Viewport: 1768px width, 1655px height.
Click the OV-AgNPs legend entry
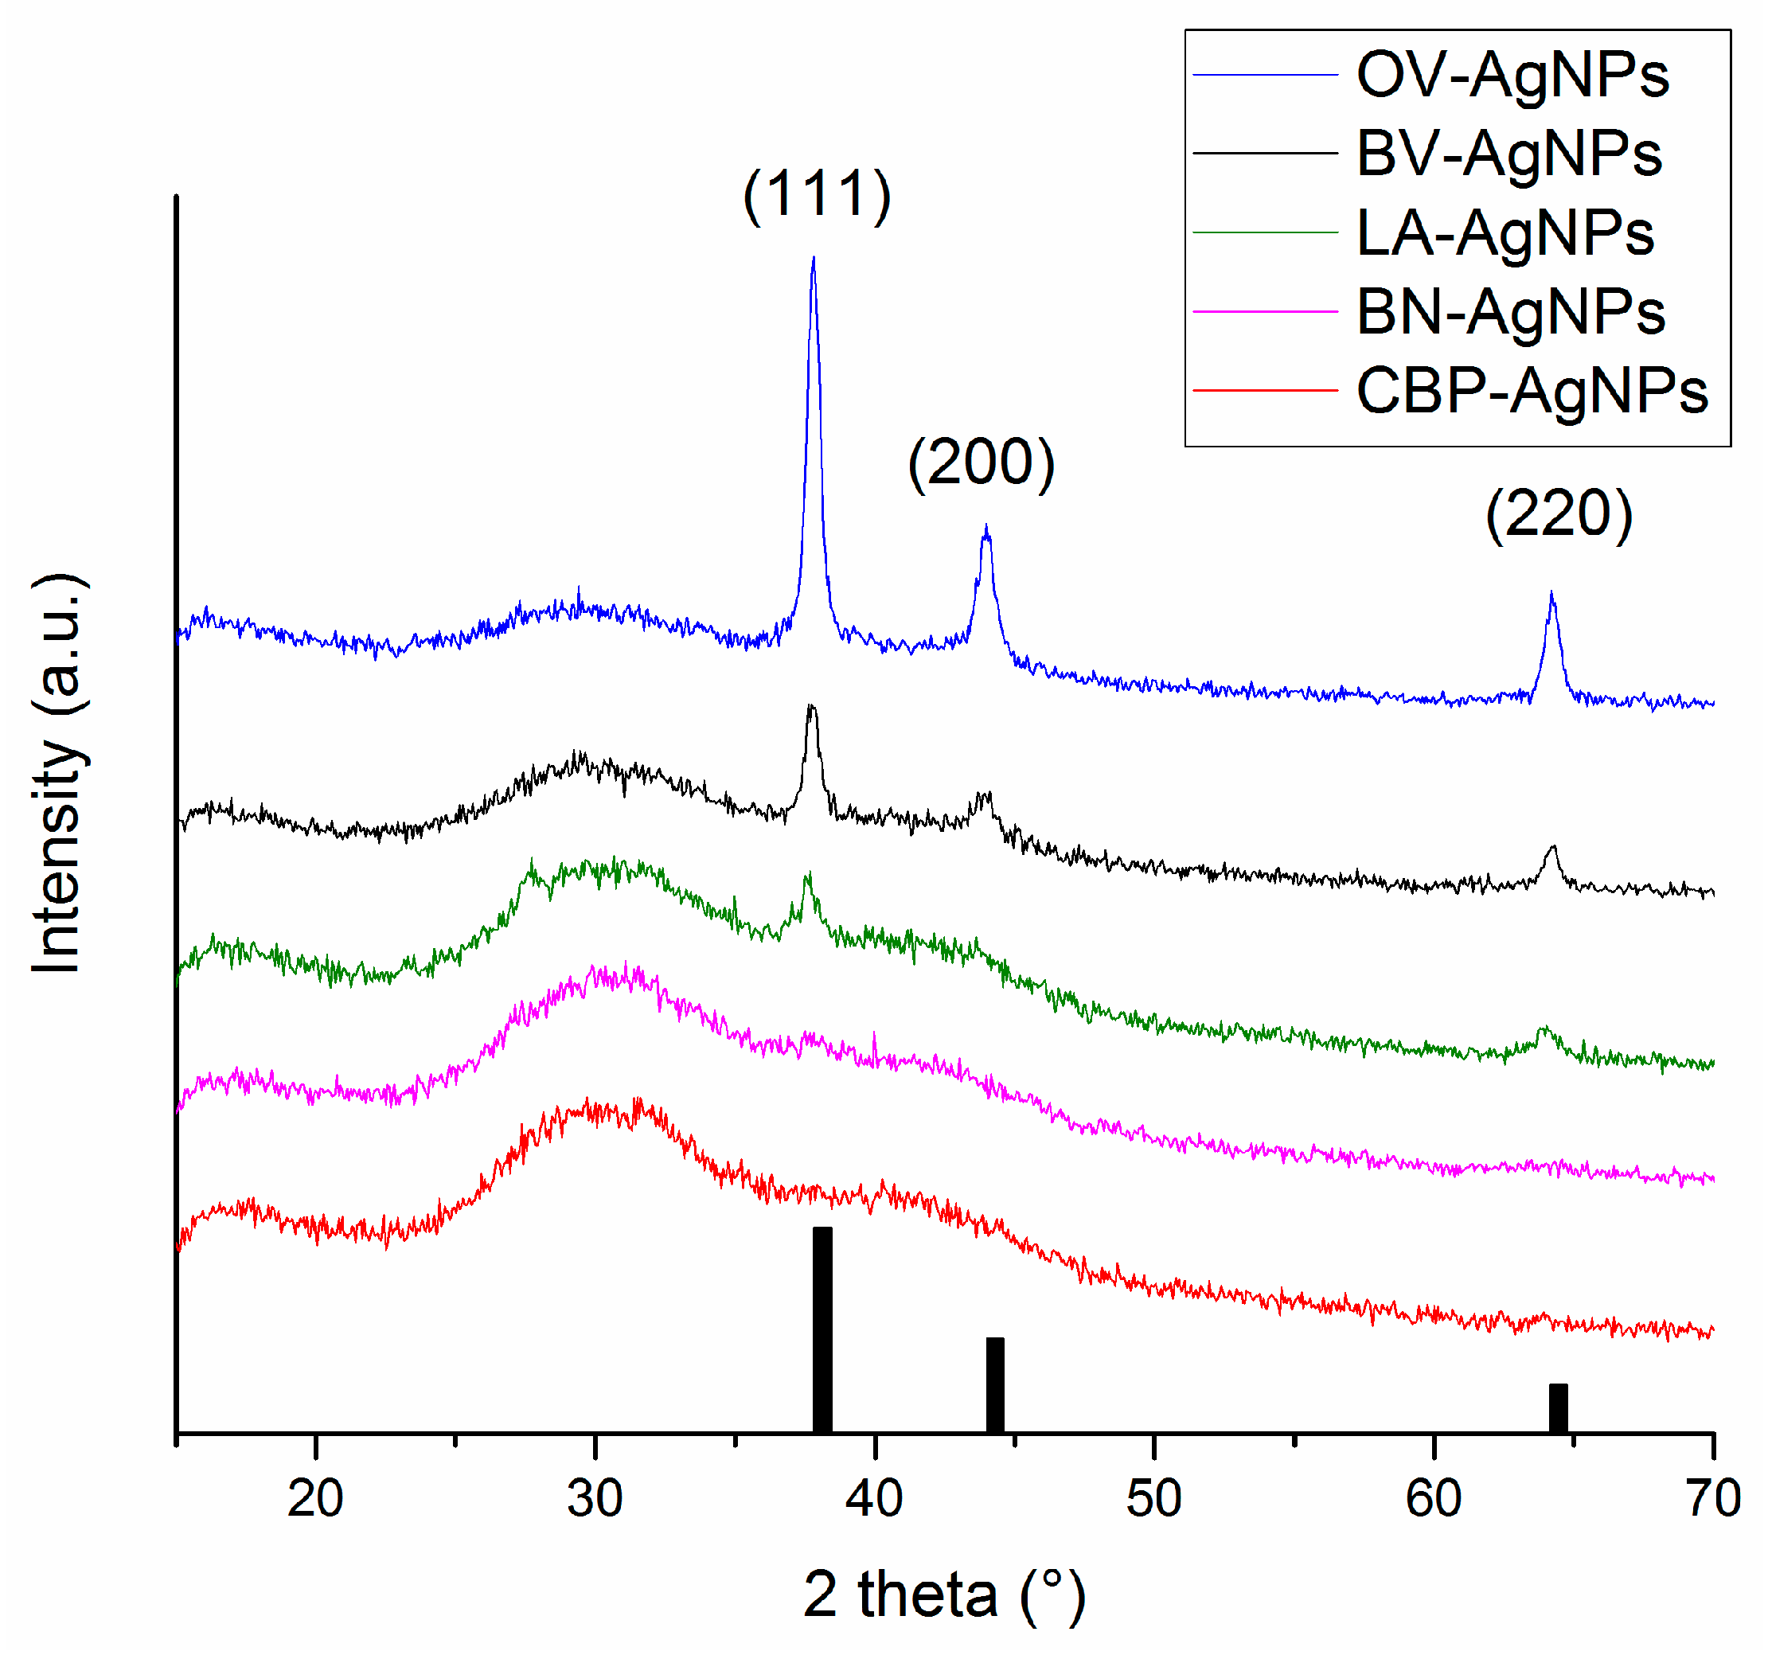coord(1512,75)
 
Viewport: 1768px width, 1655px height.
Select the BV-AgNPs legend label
coord(1508,154)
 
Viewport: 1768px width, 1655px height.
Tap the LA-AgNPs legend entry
coord(1505,233)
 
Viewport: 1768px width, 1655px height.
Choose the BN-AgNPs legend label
coord(1510,312)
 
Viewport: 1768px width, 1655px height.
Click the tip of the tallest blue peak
coord(813,259)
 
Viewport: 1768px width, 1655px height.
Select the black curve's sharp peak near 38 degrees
coord(810,707)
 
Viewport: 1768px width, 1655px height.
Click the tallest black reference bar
coord(822,1329)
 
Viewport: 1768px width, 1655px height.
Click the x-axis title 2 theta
coord(943,1595)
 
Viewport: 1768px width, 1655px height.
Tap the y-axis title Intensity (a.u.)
coord(58,774)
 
